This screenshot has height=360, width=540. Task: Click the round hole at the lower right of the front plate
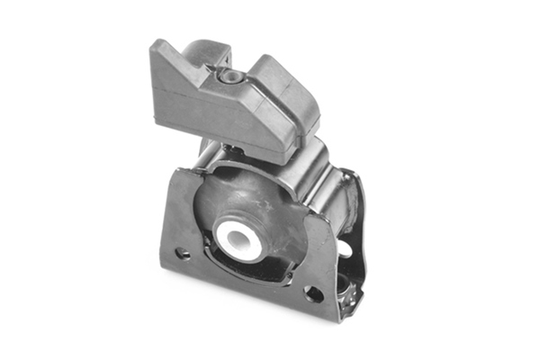click(x=313, y=293)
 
